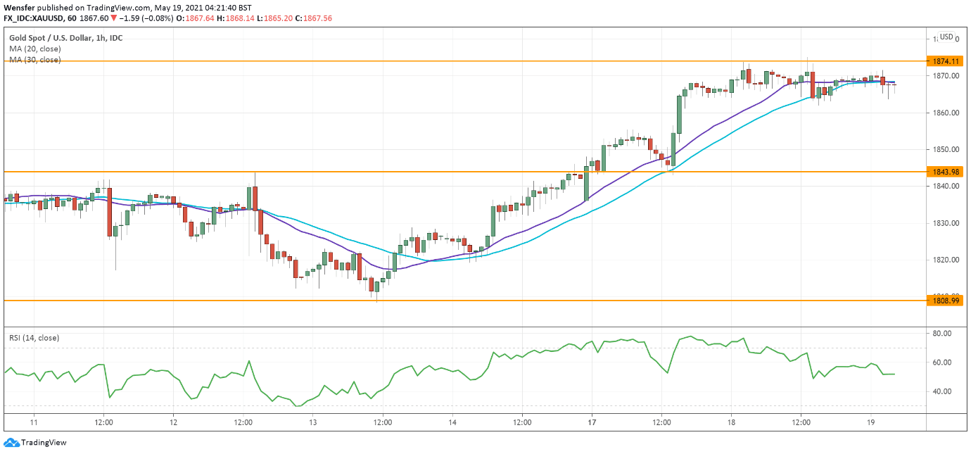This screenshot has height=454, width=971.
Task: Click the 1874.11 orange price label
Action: pos(944,61)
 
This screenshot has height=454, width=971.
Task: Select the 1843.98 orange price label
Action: pos(944,172)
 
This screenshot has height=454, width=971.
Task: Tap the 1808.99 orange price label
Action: pos(944,301)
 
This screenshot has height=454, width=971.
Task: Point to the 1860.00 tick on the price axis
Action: pos(945,113)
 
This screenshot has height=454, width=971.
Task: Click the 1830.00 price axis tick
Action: pos(945,223)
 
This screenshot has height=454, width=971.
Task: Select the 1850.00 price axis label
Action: pos(945,149)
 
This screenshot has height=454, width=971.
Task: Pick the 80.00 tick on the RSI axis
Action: pos(942,333)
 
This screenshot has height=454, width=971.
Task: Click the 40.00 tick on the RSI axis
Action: pos(942,391)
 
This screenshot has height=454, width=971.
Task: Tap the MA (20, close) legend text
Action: pos(35,49)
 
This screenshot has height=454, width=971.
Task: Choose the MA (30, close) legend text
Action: pos(35,60)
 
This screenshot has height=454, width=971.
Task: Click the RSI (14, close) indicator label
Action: pos(34,338)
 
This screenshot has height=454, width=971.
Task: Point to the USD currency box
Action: pos(946,37)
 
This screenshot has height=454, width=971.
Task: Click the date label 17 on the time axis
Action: pos(592,422)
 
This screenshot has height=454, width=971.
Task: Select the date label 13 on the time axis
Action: pos(312,422)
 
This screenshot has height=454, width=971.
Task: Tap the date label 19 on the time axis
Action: pos(870,422)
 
